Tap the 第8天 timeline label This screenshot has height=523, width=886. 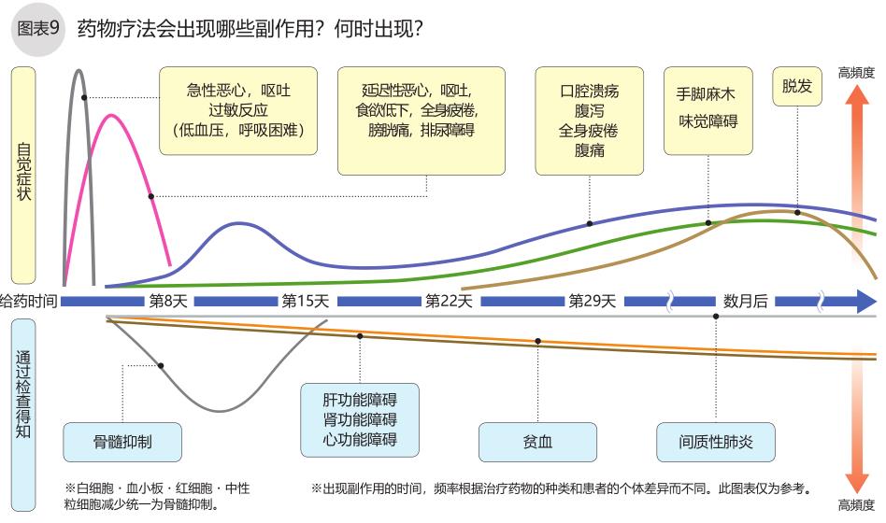point(168,302)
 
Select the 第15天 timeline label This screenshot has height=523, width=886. point(306,302)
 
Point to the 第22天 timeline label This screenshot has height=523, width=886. point(449,302)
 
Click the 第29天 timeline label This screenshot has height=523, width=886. point(593,302)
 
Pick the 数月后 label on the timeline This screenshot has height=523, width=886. point(746,302)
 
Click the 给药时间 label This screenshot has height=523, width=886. point(29,302)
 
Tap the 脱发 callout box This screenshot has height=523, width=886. point(797,86)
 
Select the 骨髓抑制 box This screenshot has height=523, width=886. point(122,442)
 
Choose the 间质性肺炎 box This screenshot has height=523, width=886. point(716,442)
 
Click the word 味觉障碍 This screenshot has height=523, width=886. point(707,121)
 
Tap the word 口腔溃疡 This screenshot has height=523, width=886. point(589,92)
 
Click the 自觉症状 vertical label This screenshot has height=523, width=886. point(23,174)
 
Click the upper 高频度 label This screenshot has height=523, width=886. point(856,72)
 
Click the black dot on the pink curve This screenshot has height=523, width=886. point(151,196)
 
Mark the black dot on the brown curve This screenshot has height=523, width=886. point(797,212)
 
